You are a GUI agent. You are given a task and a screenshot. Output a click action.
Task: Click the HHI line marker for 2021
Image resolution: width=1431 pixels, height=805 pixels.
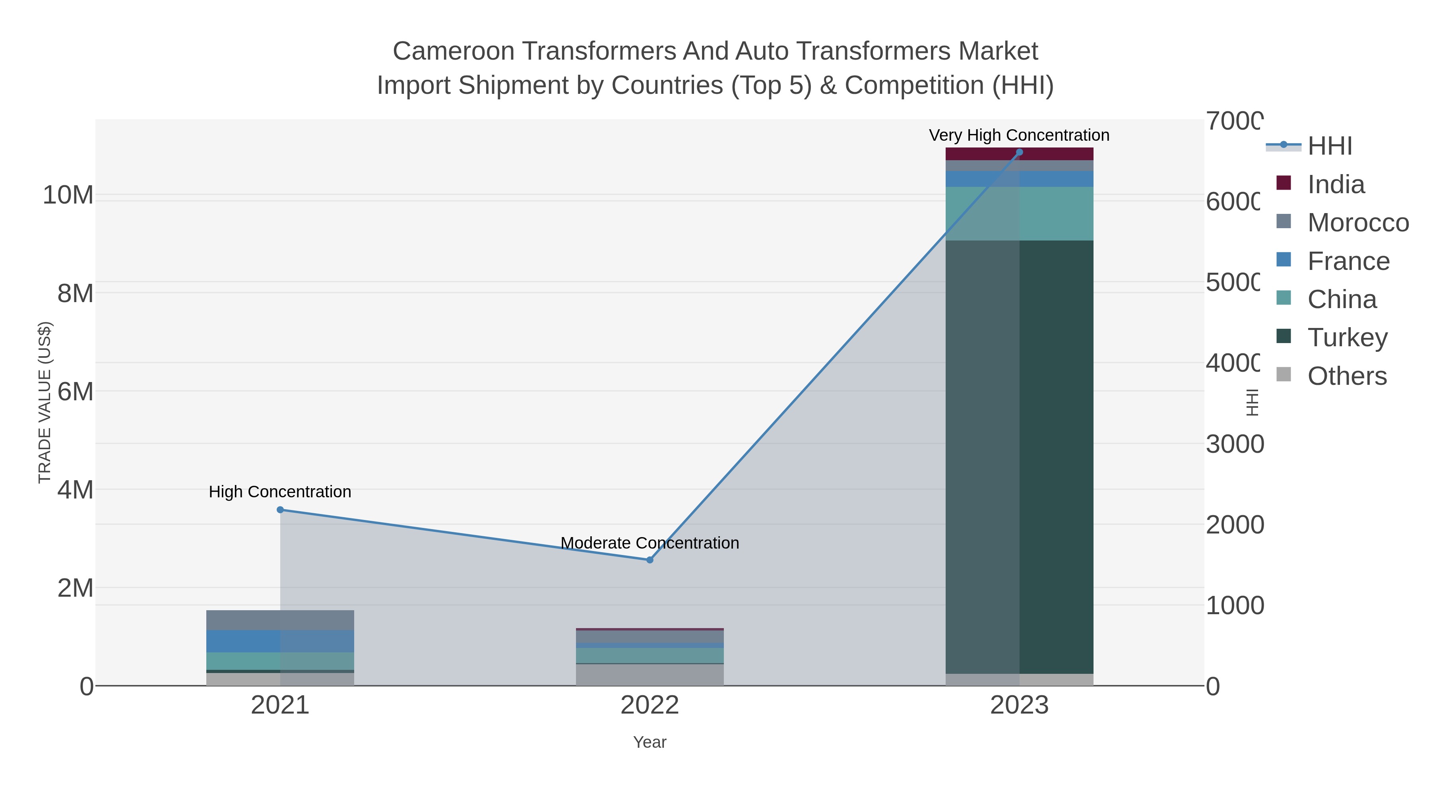280,510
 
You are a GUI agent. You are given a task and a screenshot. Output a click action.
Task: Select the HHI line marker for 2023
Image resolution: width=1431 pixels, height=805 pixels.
1019,152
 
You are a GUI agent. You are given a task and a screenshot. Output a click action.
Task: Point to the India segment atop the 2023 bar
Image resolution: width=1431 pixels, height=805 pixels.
1055,154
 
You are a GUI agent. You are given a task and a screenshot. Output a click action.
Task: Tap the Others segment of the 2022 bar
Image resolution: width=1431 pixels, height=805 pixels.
650,675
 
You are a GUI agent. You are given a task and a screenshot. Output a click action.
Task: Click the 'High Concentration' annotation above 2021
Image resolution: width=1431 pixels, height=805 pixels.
280,492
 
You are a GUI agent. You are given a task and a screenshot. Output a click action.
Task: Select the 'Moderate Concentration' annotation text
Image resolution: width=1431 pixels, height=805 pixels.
650,543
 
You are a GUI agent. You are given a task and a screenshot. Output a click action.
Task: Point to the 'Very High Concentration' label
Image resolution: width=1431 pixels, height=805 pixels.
1019,135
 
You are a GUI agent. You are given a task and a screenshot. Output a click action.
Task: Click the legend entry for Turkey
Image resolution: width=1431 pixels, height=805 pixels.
1347,337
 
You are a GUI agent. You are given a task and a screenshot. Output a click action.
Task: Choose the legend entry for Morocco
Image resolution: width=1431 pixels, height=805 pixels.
1358,222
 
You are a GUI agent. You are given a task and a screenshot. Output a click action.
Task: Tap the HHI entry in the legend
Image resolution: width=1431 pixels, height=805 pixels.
1329,146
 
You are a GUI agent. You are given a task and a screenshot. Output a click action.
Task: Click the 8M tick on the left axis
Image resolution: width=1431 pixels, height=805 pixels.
76,293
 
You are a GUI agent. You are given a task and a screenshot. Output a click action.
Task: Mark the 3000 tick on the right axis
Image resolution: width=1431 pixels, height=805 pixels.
1234,444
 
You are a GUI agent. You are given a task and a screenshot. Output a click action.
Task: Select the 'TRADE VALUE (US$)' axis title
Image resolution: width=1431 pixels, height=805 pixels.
45,402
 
